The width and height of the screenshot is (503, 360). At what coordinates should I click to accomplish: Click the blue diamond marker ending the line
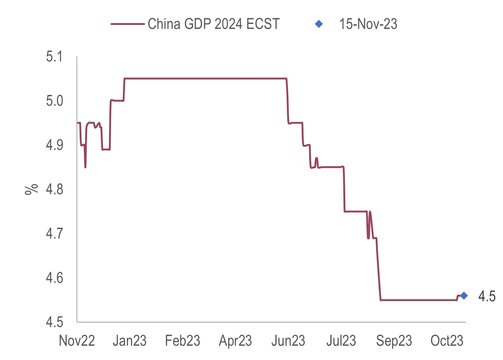click(464, 296)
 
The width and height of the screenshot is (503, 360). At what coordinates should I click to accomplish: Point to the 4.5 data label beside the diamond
click(487, 297)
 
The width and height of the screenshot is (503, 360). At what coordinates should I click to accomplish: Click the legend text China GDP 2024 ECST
click(214, 24)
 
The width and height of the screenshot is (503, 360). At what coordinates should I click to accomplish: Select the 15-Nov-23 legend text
click(368, 24)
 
